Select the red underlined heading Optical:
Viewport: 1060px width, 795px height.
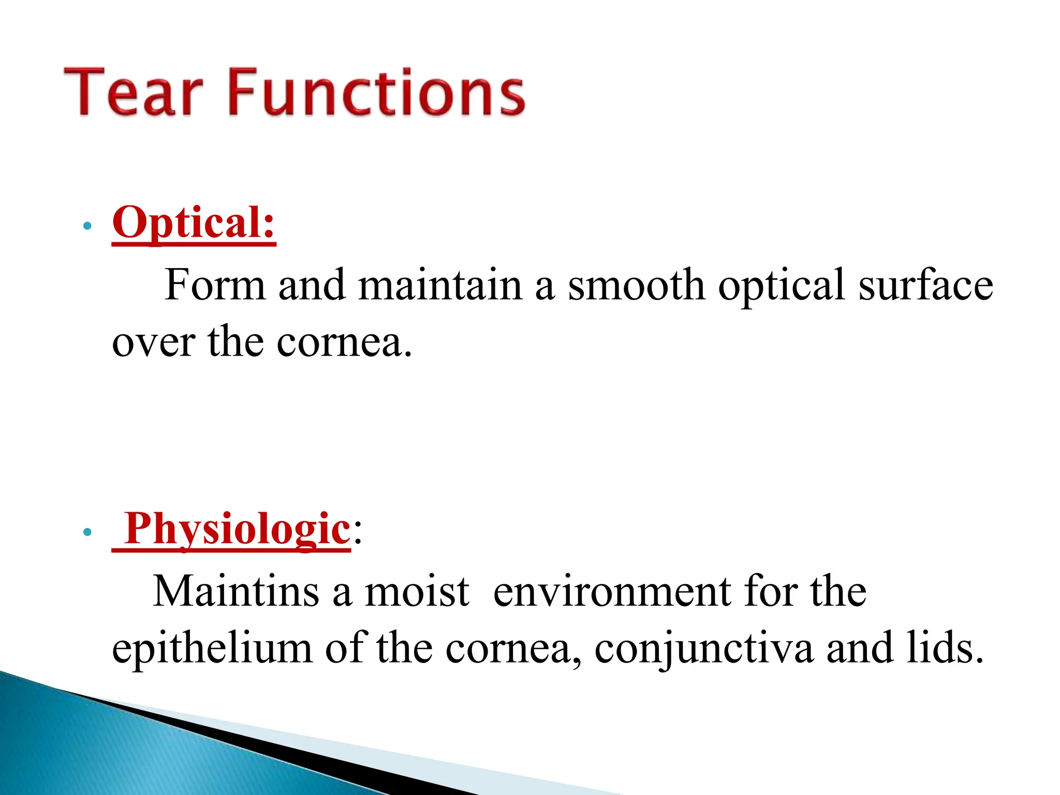click(194, 223)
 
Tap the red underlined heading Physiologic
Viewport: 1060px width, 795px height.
click(237, 529)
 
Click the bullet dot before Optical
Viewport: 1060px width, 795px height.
click(87, 226)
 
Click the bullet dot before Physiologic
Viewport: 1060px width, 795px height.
click(87, 532)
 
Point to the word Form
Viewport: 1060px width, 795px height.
click(214, 285)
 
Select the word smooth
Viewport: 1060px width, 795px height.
click(636, 285)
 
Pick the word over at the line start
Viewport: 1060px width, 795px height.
click(154, 343)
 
